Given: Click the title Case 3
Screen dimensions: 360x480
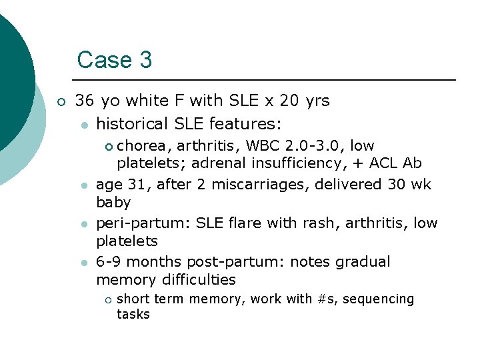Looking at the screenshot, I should point(115,60).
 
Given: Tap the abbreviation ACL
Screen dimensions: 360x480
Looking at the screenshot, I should point(383,163).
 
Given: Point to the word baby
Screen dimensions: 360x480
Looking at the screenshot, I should point(113,202).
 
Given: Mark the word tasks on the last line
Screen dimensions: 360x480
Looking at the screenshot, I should point(133,314).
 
